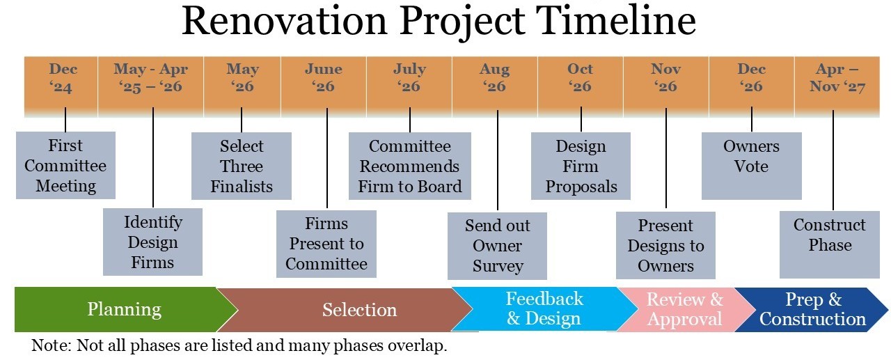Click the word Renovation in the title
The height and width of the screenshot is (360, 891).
[285, 21]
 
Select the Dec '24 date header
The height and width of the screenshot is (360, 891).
[61, 86]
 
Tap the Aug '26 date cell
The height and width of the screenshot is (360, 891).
[495, 86]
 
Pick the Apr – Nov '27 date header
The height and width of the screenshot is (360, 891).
[837, 86]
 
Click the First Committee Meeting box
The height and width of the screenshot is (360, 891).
[65, 166]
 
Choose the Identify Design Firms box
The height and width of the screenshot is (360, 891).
[152, 242]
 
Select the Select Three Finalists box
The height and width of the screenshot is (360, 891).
[242, 166]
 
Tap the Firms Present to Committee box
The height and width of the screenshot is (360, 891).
[326, 244]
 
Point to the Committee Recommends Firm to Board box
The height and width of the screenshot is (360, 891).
[410, 166]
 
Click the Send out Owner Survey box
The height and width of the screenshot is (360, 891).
[497, 246]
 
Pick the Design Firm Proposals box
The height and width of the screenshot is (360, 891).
[581, 166]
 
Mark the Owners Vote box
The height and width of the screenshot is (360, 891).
[751, 166]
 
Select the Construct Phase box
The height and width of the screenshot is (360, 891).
[830, 244]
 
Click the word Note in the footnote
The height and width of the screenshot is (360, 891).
[49, 345]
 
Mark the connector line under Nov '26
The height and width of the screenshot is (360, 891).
[666, 158]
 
